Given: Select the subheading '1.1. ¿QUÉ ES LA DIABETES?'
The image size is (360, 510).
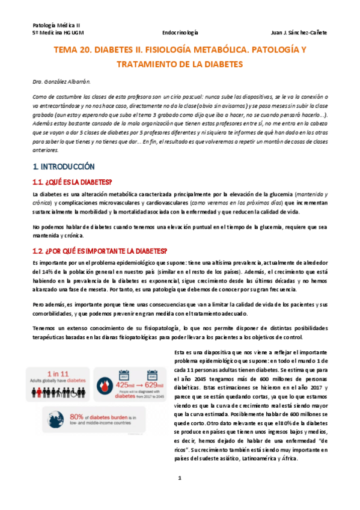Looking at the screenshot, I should (73, 182).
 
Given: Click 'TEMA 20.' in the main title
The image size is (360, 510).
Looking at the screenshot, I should (76, 51).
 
